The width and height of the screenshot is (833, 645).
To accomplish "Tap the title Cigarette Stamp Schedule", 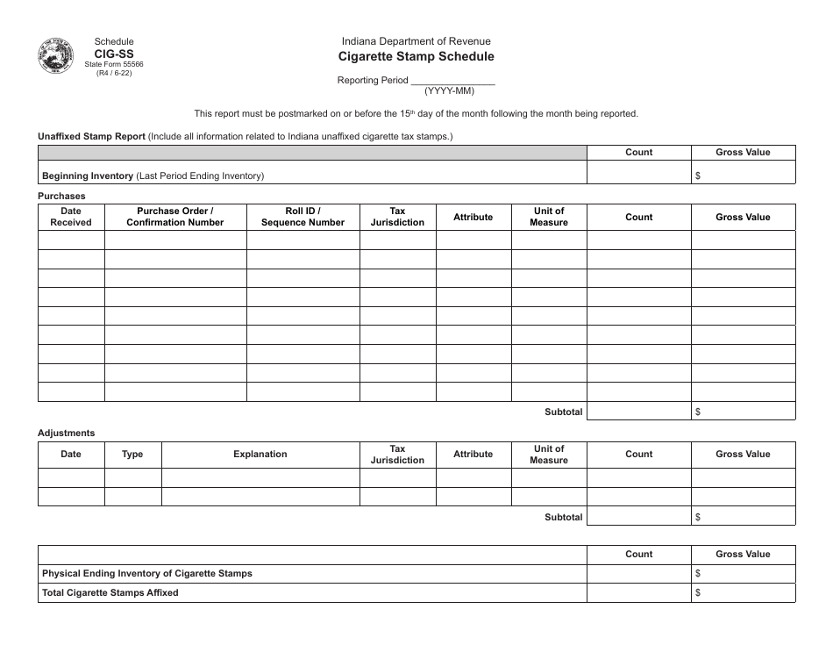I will tap(416, 56).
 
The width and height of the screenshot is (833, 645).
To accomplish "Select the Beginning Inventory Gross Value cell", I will tap(743, 176).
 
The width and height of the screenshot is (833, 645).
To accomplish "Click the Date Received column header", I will tap(71, 217).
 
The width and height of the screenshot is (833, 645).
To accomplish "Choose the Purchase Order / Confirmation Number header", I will tap(175, 217).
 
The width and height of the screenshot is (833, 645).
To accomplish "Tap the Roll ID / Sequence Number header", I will tap(303, 217).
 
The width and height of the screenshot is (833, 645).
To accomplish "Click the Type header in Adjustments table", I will tap(132, 455).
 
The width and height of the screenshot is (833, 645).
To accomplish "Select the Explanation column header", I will tap(260, 455).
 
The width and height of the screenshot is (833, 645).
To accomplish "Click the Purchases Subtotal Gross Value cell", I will tap(743, 412).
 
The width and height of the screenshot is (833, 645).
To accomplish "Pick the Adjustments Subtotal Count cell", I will tap(638, 517).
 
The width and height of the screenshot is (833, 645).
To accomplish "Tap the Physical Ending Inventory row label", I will tap(147, 573).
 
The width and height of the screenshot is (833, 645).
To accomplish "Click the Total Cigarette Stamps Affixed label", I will tap(110, 592).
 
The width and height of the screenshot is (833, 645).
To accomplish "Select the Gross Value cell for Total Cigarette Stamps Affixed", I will tap(743, 592).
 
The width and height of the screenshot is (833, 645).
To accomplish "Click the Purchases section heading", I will tap(61, 196).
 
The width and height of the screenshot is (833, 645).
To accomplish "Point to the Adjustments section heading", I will tap(66, 433).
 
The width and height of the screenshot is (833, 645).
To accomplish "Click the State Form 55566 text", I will tap(114, 64).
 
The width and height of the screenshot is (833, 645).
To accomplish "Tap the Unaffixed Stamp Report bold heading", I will tap(91, 136).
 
